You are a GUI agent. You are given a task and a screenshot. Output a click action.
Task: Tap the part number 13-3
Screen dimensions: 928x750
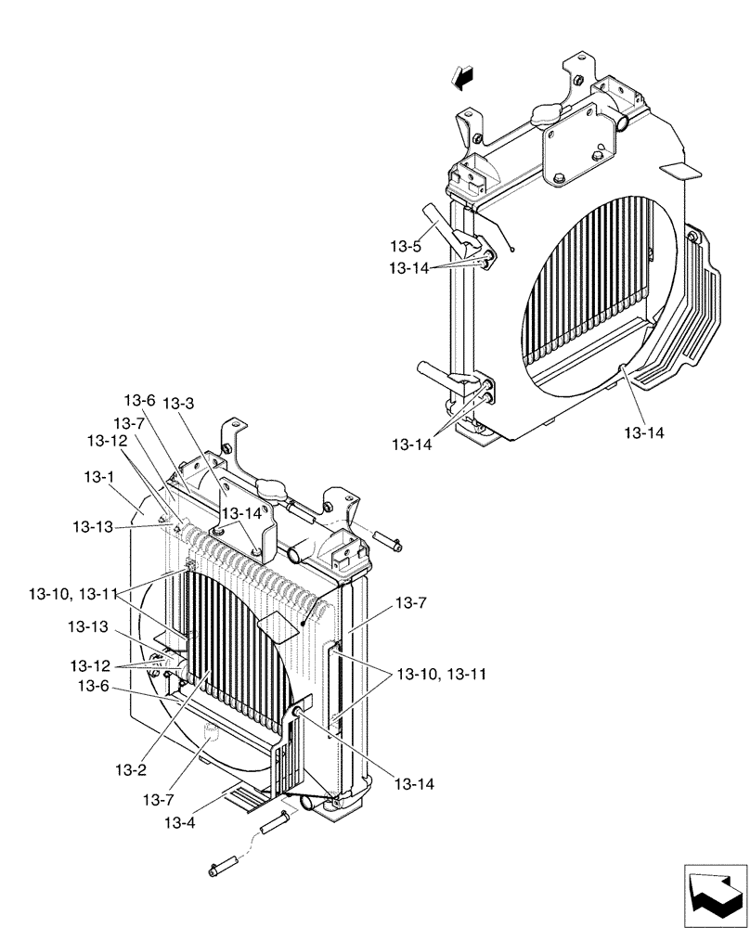178,404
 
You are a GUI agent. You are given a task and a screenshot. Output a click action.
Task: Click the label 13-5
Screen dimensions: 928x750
406,247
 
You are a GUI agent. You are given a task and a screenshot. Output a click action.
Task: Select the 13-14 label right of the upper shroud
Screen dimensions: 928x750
646,432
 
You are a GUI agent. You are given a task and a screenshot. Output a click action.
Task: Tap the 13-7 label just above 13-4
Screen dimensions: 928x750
159,799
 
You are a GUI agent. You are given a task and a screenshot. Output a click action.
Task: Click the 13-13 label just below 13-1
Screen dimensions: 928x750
94,526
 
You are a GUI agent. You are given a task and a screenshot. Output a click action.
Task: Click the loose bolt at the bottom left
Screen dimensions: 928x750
225,870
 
